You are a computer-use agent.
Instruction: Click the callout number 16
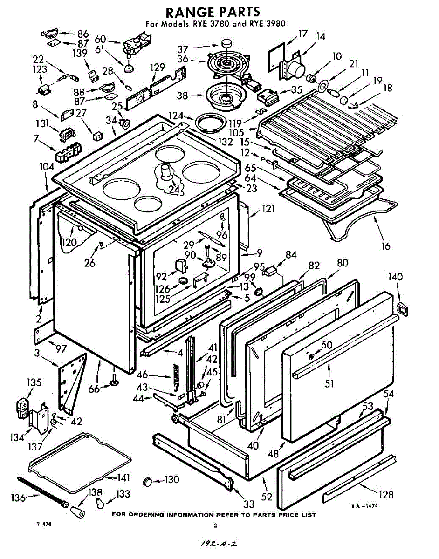[x=385, y=246]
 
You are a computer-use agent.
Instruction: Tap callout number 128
[x=386, y=495]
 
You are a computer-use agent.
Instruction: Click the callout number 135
[x=34, y=383]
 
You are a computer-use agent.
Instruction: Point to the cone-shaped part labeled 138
[x=78, y=511]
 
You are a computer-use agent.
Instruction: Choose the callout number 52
[x=267, y=497]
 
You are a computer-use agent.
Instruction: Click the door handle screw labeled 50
[x=311, y=356]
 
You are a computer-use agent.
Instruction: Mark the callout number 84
[x=291, y=254]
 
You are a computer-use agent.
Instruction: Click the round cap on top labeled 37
[x=226, y=43]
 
